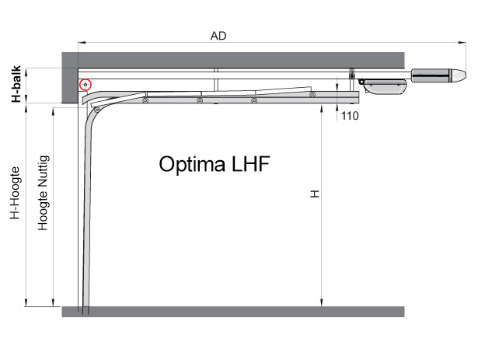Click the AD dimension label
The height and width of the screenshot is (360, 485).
pyautogui.click(x=218, y=36)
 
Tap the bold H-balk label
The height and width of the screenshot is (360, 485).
pyautogui.click(x=16, y=83)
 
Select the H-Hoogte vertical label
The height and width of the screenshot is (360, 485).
pyautogui.click(x=15, y=193)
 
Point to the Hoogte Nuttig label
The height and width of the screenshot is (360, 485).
pyautogui.click(x=43, y=193)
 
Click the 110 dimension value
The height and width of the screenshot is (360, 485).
pyautogui.click(x=350, y=116)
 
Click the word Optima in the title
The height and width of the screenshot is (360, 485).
pyautogui.click(x=192, y=164)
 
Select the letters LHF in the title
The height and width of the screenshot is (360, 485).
pyautogui.click(x=250, y=163)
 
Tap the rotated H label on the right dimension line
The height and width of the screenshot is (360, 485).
pyautogui.click(x=315, y=194)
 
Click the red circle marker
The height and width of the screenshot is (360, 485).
pyautogui.click(x=85, y=85)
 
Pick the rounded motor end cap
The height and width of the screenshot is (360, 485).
pyautogui.click(x=459, y=76)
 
